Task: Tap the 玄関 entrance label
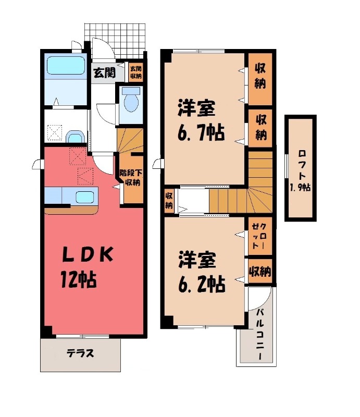click(104, 73)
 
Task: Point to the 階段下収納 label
click(130, 178)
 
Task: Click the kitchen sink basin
click(83, 197)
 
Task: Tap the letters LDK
click(88, 255)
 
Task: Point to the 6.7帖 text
click(201, 134)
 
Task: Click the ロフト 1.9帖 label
click(301, 170)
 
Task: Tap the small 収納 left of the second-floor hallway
click(169, 200)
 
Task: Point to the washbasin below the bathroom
click(76, 137)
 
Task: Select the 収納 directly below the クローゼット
click(259, 272)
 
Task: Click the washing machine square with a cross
click(53, 131)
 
